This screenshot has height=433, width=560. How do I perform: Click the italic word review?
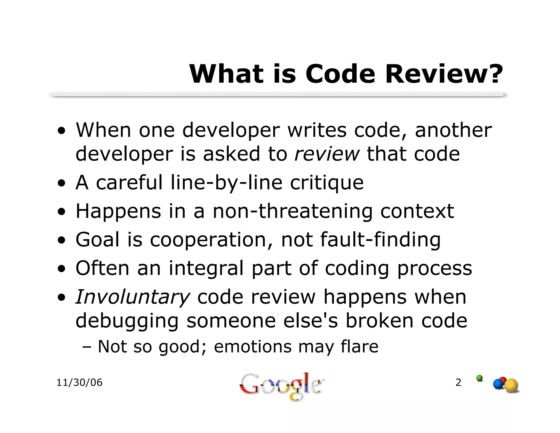[x=327, y=154]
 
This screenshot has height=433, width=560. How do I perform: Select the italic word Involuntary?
[x=132, y=297]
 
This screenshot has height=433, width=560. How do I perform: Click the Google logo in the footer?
[x=280, y=386]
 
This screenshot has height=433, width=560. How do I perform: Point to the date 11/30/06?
[x=79, y=383]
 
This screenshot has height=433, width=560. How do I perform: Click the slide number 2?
[x=458, y=382]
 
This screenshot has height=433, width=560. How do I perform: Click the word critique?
[x=327, y=183]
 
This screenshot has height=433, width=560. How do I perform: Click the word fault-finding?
[x=380, y=240]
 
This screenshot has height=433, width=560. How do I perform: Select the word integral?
[x=206, y=268]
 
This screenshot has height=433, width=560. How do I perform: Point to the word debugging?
[x=127, y=321]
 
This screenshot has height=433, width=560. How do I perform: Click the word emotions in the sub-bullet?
[x=253, y=347]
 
